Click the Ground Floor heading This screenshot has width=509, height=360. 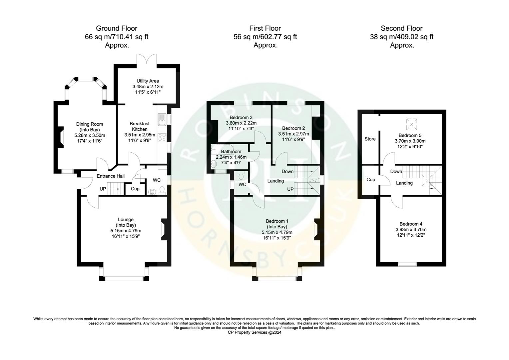(116, 28)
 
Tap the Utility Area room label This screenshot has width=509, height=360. (148, 81)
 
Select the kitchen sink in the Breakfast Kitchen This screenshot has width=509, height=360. (162, 119)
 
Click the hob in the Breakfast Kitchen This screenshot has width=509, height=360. (162, 137)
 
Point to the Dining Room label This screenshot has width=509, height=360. (90, 124)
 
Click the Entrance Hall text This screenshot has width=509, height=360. (111, 176)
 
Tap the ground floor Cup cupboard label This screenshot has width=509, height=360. (135, 189)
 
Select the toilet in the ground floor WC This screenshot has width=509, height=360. (162, 190)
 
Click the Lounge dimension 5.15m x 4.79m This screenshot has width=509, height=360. (126, 231)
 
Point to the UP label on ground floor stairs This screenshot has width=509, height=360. (103, 189)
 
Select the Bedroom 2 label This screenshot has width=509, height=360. (293, 128)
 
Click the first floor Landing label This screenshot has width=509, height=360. (275, 181)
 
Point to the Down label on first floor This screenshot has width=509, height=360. (287, 171)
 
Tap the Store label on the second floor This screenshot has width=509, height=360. (370, 139)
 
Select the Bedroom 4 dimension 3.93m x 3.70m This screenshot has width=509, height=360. (411, 229)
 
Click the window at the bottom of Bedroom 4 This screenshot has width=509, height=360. (407, 264)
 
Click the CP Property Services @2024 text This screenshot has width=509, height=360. (254, 332)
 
